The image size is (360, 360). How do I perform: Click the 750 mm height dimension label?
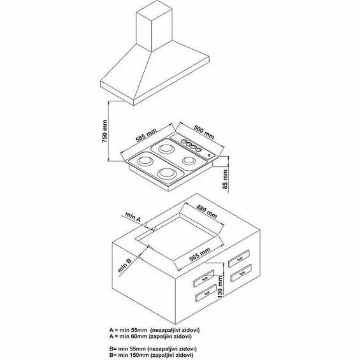pos(104,131)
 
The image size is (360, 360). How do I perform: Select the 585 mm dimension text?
pos(146,135)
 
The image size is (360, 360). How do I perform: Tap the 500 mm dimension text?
pos(204,132)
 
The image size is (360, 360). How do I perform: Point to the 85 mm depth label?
pos(225,179)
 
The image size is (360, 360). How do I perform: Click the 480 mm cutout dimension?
pos(206,212)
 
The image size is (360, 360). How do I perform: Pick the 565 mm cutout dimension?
pos(199,255)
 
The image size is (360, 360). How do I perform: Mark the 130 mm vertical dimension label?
pos(220,287)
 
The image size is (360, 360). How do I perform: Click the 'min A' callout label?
pos(133,217)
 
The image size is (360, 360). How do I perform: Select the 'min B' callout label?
pos(124,266)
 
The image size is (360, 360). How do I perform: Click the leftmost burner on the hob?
pos(145,161)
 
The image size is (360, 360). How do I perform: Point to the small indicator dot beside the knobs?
pos(209,155)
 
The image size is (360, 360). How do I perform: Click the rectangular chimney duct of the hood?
pos(154,27)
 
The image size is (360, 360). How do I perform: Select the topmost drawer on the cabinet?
pos(239,258)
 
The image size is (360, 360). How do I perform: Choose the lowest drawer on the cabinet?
pos(206,293)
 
